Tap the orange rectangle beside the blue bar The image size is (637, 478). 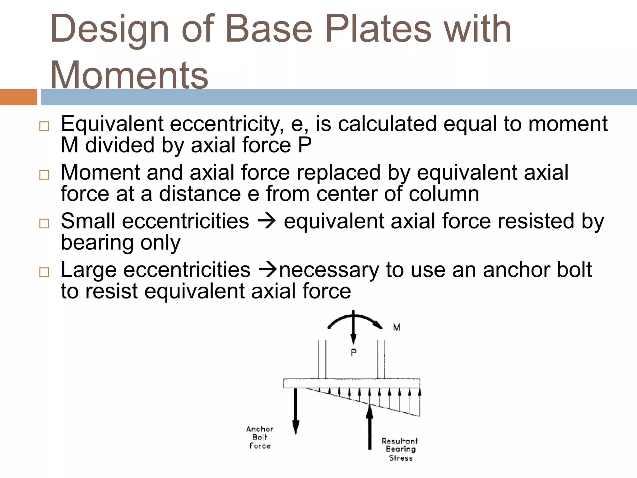click(x=18, y=97)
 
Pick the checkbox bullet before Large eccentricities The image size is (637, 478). click(x=44, y=272)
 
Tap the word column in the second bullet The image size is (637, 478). click(x=444, y=194)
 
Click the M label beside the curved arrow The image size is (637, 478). click(x=397, y=327)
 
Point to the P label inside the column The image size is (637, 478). click(x=354, y=353)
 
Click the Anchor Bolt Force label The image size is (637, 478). click(x=260, y=437)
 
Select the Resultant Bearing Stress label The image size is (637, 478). click(x=400, y=449)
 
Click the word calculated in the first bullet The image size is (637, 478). click(x=387, y=124)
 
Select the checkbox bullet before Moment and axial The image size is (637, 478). click(x=44, y=175)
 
